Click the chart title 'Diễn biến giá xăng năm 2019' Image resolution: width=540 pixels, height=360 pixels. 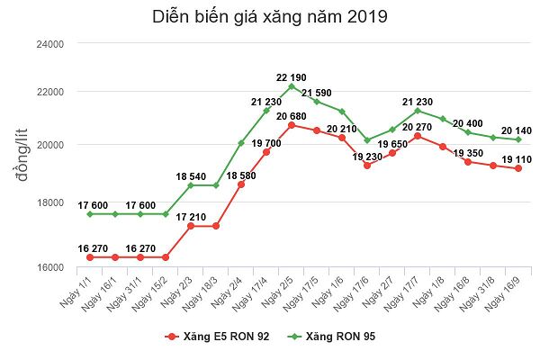[x=270, y=17]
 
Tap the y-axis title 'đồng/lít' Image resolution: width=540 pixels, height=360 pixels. [x=22, y=155]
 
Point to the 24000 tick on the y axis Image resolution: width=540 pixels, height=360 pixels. [x=50, y=44]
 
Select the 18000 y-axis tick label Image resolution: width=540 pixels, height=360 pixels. [x=50, y=202]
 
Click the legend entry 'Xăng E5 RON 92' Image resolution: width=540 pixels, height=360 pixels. [x=217, y=337]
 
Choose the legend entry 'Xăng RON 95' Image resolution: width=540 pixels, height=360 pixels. [x=331, y=337]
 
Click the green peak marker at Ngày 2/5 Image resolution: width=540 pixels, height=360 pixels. [x=292, y=86]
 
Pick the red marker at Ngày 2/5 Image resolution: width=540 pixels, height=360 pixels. [x=292, y=125]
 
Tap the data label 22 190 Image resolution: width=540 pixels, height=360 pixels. [x=291, y=77]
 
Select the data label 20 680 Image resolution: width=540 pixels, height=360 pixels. [x=291, y=116]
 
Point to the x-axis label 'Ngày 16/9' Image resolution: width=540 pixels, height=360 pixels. [x=503, y=294]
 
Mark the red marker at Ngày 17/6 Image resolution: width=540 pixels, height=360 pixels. [x=367, y=166]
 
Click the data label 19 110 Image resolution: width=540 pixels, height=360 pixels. [x=517, y=159]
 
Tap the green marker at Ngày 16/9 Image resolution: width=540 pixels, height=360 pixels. [x=518, y=139]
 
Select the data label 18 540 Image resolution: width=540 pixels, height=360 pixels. [x=191, y=176]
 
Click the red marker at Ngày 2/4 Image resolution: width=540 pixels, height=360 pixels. [x=241, y=184]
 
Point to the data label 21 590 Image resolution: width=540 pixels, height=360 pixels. [x=317, y=93]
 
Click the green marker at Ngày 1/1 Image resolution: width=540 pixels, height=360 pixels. [x=90, y=214]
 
